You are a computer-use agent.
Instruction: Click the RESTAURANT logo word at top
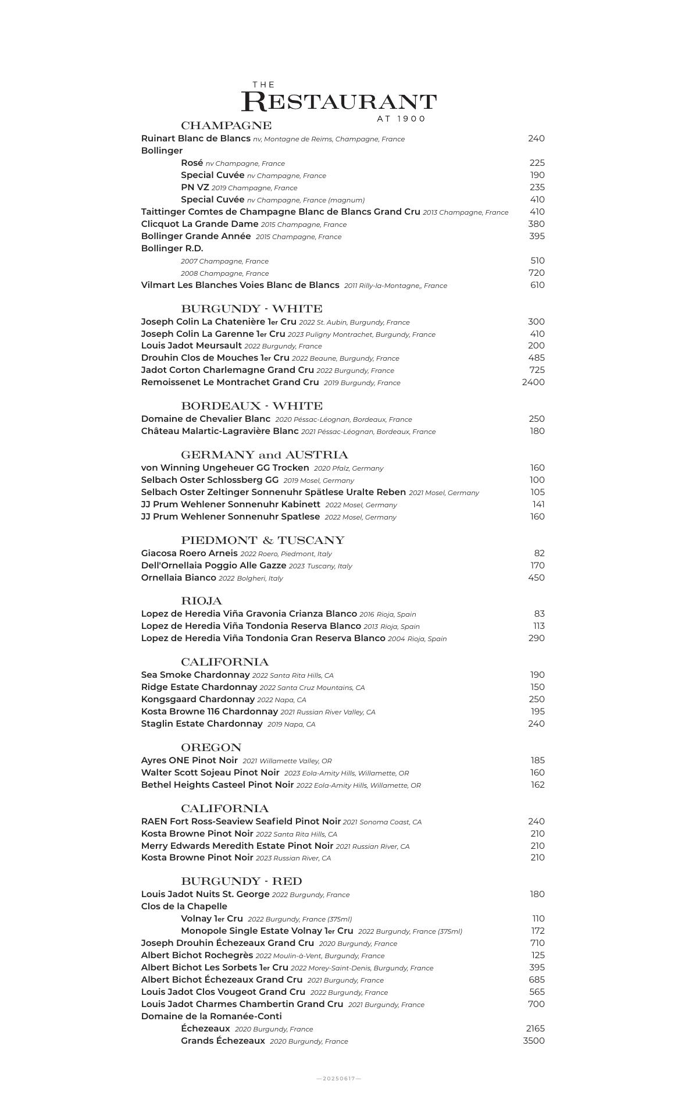coord(339,102)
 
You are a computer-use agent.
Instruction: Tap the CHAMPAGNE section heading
coord(226,126)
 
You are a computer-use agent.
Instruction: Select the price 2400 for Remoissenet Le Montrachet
coord(533,382)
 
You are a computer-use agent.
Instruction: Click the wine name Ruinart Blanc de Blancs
coord(195,138)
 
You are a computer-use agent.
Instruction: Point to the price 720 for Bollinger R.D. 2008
coord(537,273)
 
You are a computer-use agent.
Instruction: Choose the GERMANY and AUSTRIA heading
coord(264,455)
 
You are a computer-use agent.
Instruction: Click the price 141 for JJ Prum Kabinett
coord(538,504)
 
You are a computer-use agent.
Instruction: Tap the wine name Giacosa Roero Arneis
coord(189,553)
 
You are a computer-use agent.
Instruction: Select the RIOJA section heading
coord(201,601)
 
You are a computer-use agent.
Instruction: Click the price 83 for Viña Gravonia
coord(539,614)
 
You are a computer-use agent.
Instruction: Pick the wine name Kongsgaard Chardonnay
coord(198,699)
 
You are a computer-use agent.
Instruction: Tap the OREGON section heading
coord(211,748)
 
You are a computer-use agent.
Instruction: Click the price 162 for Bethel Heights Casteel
coord(537,785)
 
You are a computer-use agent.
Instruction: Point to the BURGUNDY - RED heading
coord(241,881)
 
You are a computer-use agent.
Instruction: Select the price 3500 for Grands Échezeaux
coord(533,1041)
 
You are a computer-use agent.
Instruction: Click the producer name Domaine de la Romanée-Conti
coord(211,1016)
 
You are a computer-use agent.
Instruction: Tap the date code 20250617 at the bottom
coord(339,1079)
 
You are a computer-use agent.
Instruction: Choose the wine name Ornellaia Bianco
coord(179,578)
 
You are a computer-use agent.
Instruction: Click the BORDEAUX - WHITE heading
coord(251,406)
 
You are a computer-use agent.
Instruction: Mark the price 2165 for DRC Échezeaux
coord(535,1029)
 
